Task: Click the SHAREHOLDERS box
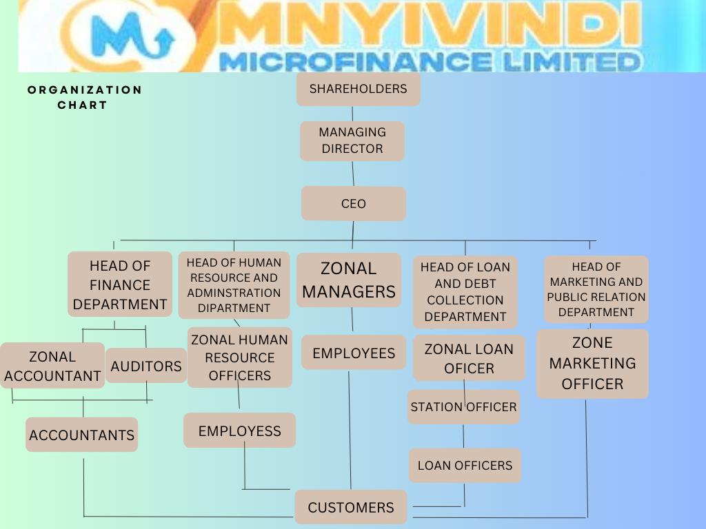[x=358, y=90]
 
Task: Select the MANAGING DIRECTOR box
[x=352, y=141]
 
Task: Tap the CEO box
[x=353, y=204]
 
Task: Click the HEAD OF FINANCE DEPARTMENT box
[x=120, y=284]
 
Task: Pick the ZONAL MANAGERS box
[x=348, y=280]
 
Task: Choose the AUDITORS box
[x=146, y=366]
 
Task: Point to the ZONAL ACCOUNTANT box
[x=52, y=366]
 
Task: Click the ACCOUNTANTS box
[x=81, y=435]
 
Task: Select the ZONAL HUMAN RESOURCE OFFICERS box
[x=240, y=357]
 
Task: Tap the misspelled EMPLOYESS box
[x=239, y=431]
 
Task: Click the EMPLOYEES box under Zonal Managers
[x=354, y=353]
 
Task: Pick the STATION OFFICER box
[x=463, y=406]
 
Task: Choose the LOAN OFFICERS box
[x=465, y=466]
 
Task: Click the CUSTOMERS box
[x=351, y=508]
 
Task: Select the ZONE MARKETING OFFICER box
[x=592, y=363]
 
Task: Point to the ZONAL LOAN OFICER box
[x=469, y=358]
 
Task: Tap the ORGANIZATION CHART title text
[x=84, y=97]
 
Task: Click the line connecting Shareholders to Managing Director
[x=352, y=114]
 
